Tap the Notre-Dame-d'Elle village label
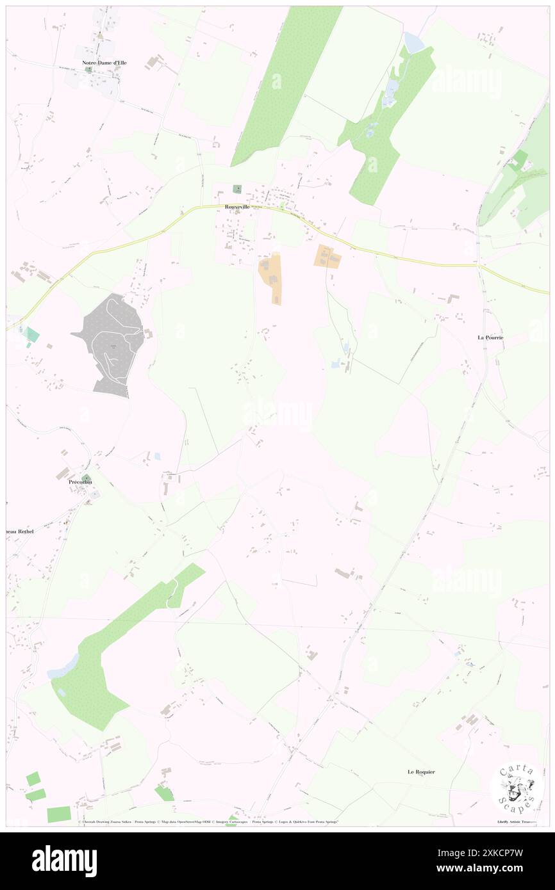tap(104, 63)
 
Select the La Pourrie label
tap(490, 337)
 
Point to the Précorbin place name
tap(82, 482)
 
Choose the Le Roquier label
tap(421, 772)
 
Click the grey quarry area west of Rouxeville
tap(112, 343)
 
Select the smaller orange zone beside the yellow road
tap(327, 256)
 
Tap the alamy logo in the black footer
tap(64, 860)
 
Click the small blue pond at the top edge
tap(414, 42)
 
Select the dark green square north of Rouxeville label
tap(237, 189)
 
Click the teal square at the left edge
tap(32, 334)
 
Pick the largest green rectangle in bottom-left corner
tap(59, 814)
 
